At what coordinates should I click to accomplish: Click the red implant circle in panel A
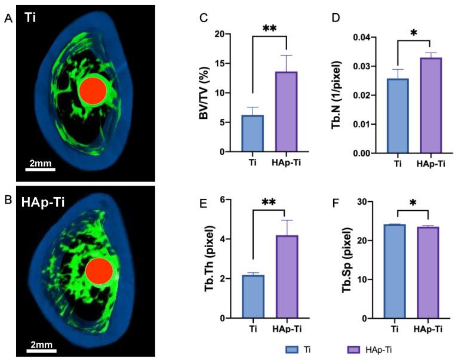pos(93,90)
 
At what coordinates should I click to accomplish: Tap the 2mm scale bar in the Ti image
pos(40,169)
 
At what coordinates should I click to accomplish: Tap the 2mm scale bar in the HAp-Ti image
pos(40,352)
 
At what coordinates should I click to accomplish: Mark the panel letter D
pos(336,17)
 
